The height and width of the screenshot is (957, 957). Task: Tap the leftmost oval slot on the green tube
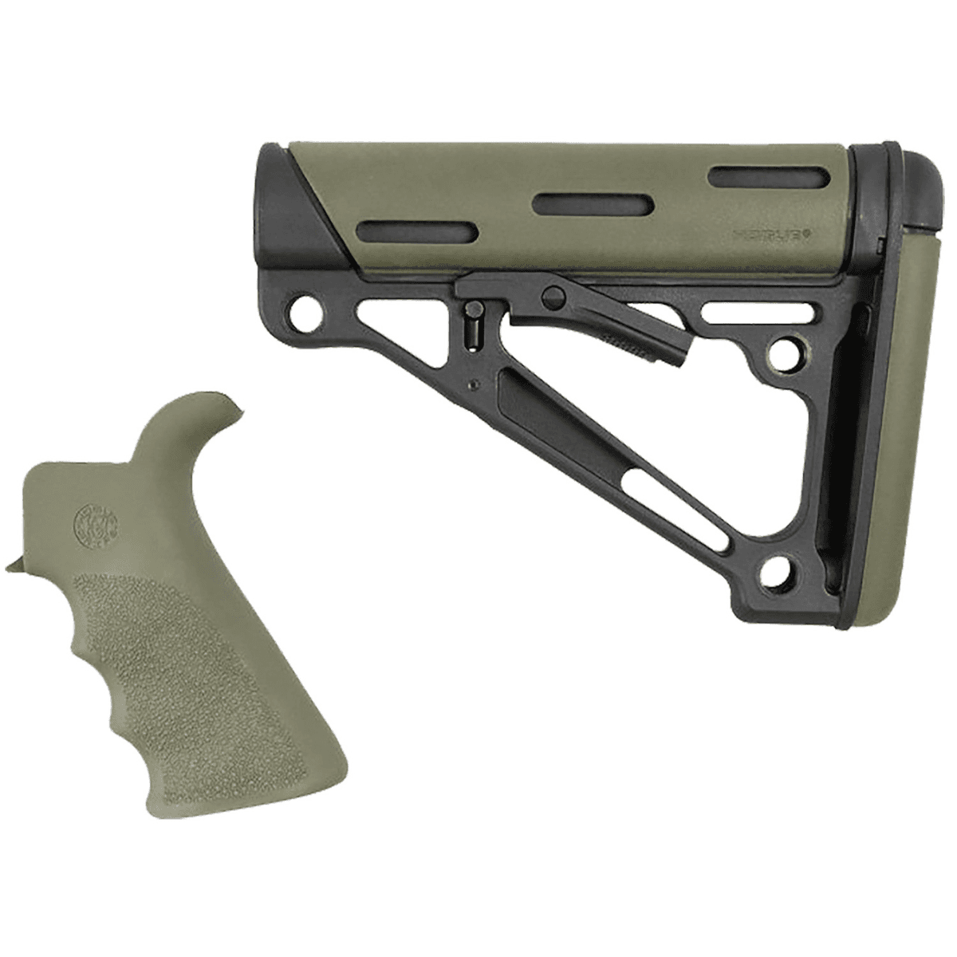(x=419, y=232)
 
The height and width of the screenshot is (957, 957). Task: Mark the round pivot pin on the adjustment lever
(x=550, y=297)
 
